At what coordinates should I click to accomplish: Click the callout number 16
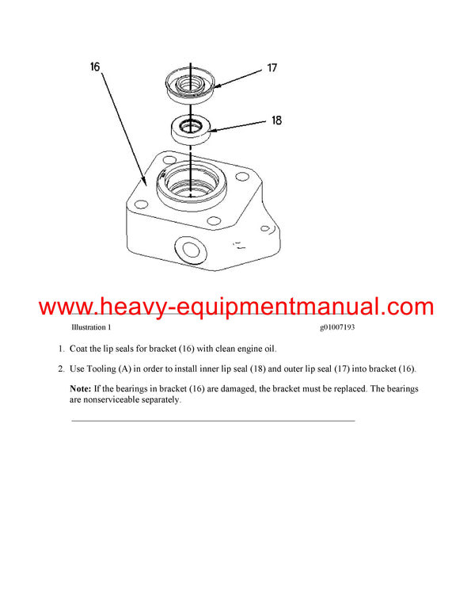point(95,67)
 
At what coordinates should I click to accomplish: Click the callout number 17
point(272,68)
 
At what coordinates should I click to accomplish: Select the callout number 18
point(276,120)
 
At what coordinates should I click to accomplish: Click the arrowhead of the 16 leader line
point(145,180)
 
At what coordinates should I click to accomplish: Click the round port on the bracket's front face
point(191,251)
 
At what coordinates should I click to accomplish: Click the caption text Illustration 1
point(91,327)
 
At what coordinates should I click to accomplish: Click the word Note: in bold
point(81,389)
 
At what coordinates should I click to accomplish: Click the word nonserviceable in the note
point(126,399)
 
